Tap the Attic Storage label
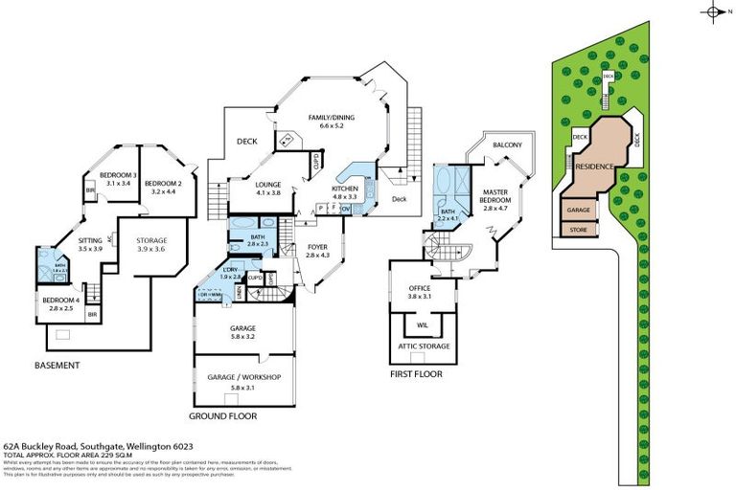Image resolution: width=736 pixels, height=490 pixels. click(424, 346)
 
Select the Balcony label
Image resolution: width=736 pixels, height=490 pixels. click(507, 145)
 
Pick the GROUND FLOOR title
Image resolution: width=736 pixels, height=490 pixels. click(222, 416)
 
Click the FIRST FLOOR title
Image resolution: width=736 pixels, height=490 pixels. click(416, 374)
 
